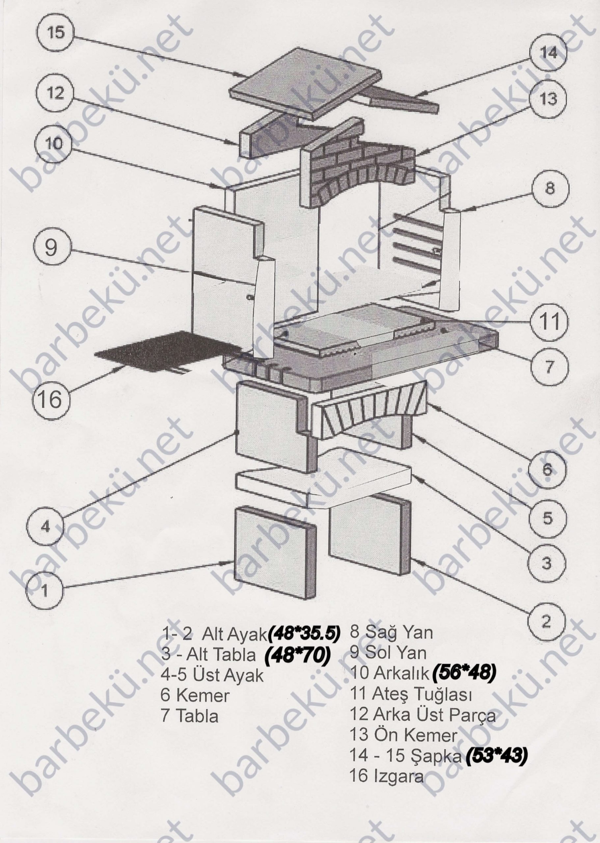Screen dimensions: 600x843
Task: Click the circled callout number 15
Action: pyautogui.click(x=56, y=33)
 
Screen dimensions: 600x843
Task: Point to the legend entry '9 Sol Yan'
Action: pyautogui.click(x=388, y=653)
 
